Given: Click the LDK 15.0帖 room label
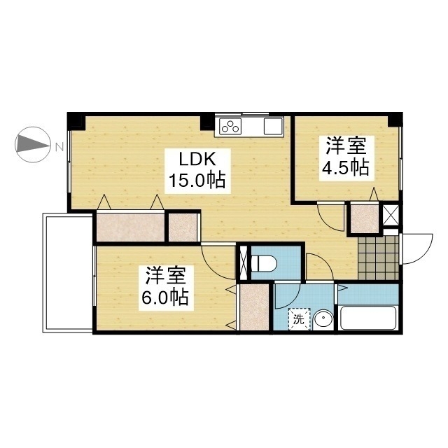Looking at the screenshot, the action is [197, 171].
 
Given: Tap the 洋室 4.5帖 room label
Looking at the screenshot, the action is [346, 158].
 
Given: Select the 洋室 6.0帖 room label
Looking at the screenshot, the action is [166, 288].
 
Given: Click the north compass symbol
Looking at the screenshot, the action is [33, 145].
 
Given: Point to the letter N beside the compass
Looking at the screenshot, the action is [59, 148].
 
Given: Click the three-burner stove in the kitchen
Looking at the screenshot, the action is [230, 126].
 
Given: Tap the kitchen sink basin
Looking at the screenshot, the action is [273, 126].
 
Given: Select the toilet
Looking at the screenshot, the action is [263, 263].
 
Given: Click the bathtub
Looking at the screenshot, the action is [369, 318].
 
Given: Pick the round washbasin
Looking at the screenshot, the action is [323, 321].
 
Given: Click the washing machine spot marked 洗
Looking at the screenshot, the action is [299, 319].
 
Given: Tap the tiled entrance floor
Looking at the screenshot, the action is [378, 258].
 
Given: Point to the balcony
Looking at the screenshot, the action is [68, 273].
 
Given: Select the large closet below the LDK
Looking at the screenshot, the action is [131, 227].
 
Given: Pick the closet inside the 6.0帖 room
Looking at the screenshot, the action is [255, 307].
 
